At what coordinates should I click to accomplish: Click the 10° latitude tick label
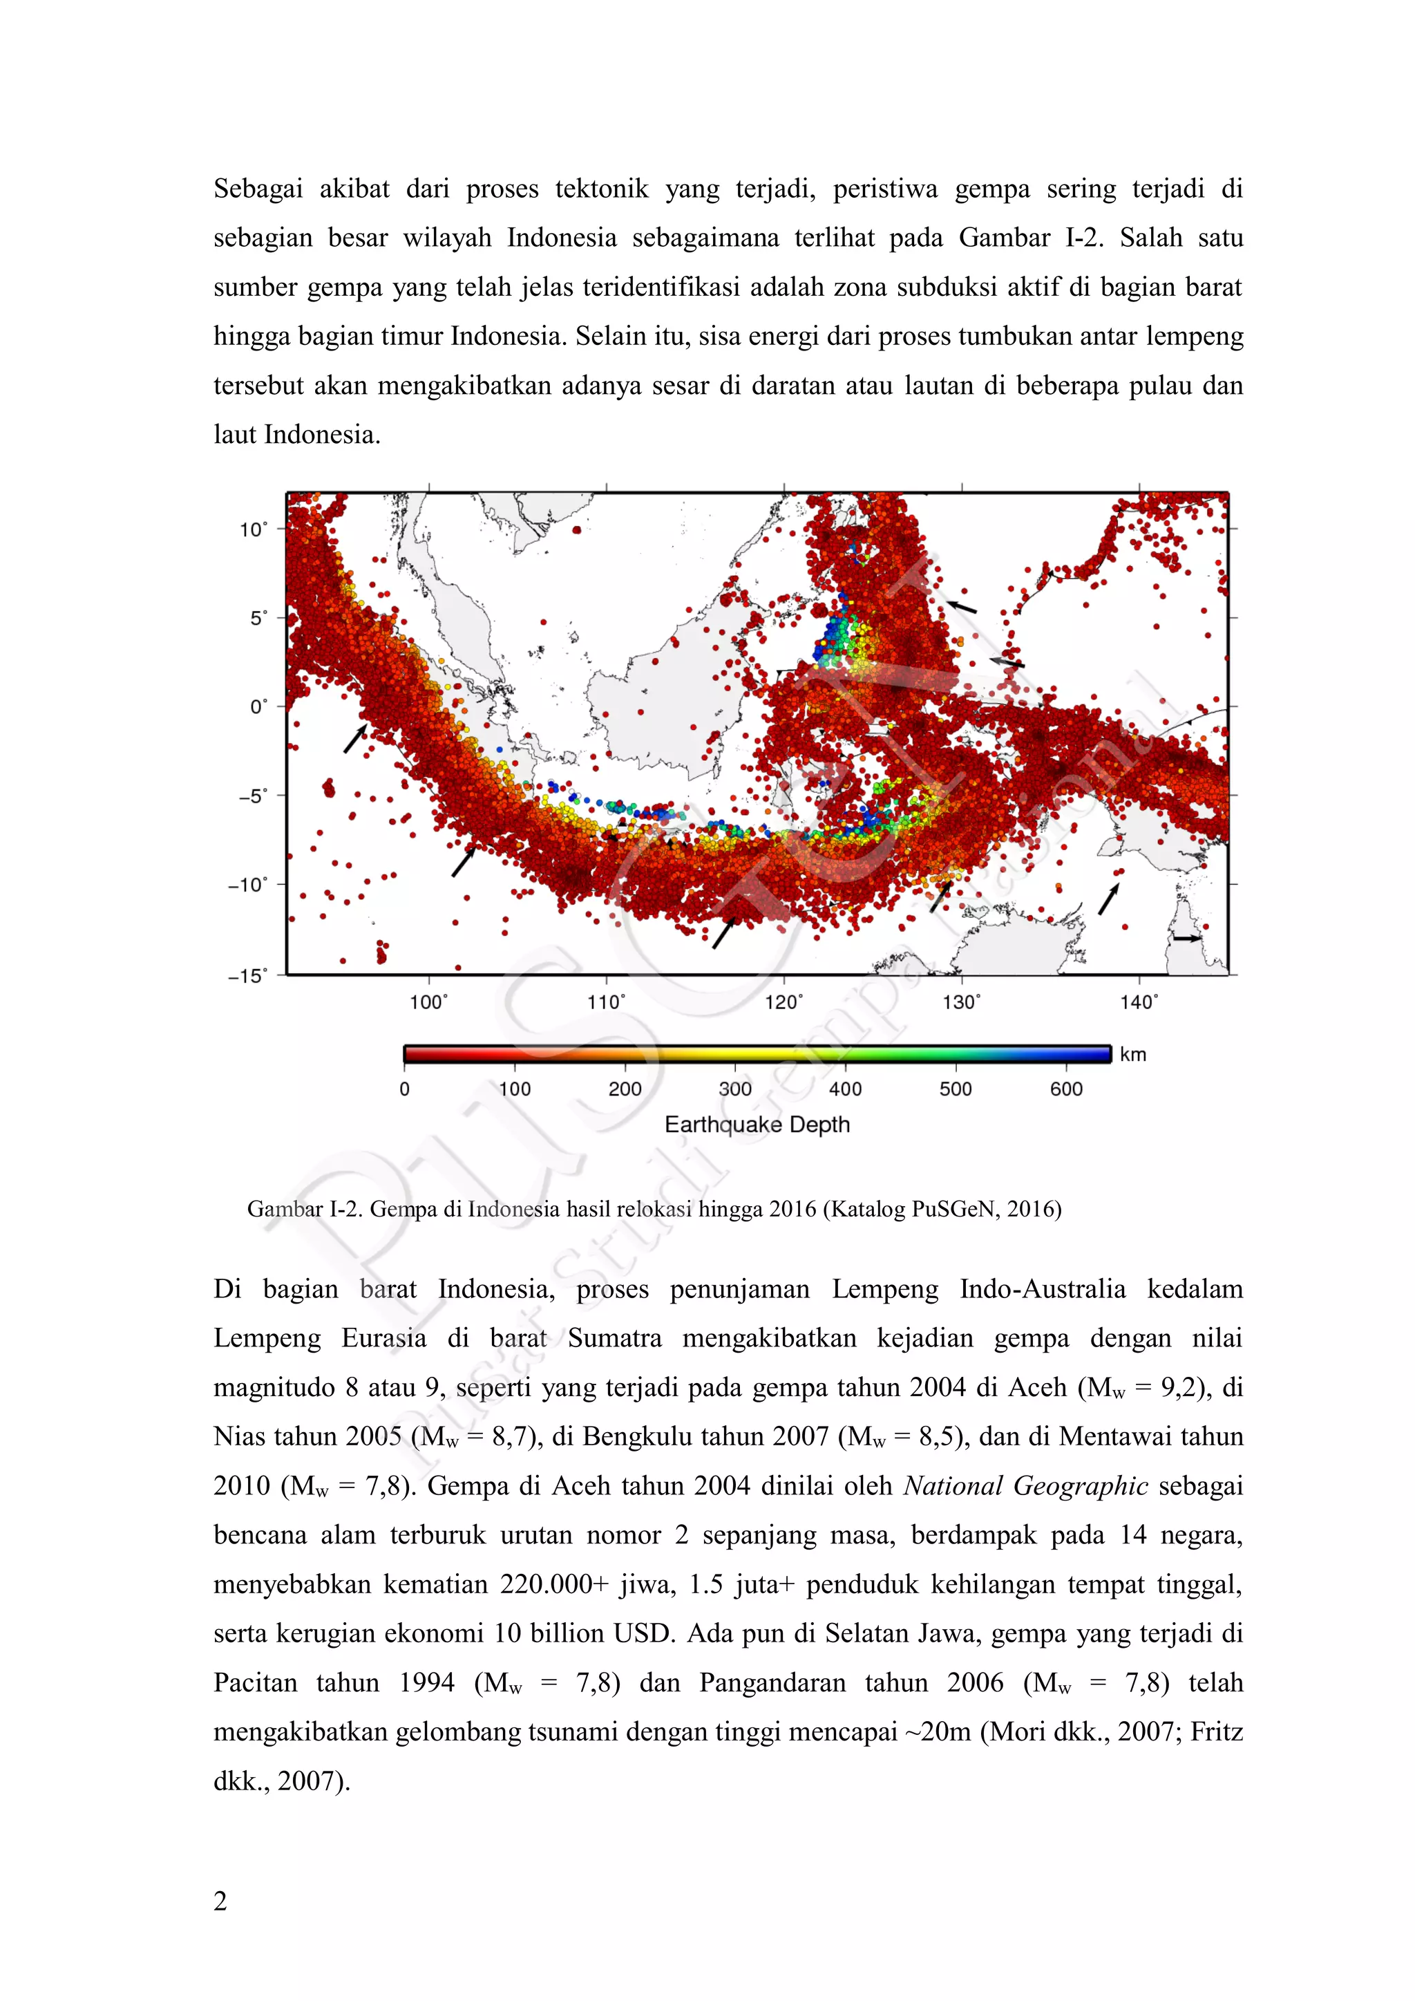(x=254, y=530)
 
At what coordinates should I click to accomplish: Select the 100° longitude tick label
(x=428, y=1002)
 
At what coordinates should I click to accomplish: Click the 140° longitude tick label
(x=1139, y=1002)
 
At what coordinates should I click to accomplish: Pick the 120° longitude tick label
(x=784, y=1002)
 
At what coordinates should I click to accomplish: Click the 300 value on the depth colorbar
(x=734, y=1089)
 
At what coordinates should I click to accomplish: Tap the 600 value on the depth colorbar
(x=1065, y=1089)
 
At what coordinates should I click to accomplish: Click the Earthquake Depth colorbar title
(x=757, y=1125)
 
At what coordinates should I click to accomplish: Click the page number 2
(x=220, y=1901)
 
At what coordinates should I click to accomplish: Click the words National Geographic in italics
(x=1025, y=1487)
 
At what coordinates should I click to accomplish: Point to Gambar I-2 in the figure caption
(x=303, y=1210)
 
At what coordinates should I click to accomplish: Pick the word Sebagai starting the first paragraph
(x=258, y=189)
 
